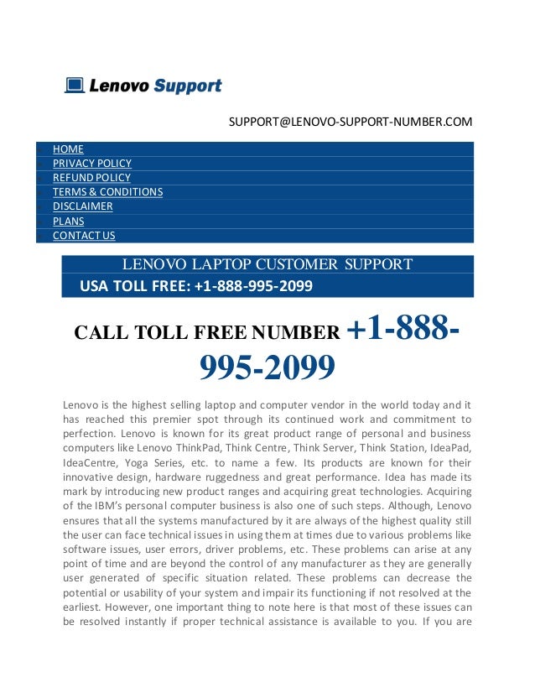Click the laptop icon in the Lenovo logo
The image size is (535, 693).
75,86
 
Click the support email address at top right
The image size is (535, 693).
351,122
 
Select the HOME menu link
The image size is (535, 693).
68,149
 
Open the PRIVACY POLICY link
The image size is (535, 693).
92,164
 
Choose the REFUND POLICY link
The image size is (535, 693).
91,178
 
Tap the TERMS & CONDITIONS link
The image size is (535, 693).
107,192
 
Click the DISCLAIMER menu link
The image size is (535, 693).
82,206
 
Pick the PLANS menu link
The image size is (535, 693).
68,221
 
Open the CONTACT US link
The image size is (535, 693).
84,236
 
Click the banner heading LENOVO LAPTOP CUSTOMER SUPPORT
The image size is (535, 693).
267,265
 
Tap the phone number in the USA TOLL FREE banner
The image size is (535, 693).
253,287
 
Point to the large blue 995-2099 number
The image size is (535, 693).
267,367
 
